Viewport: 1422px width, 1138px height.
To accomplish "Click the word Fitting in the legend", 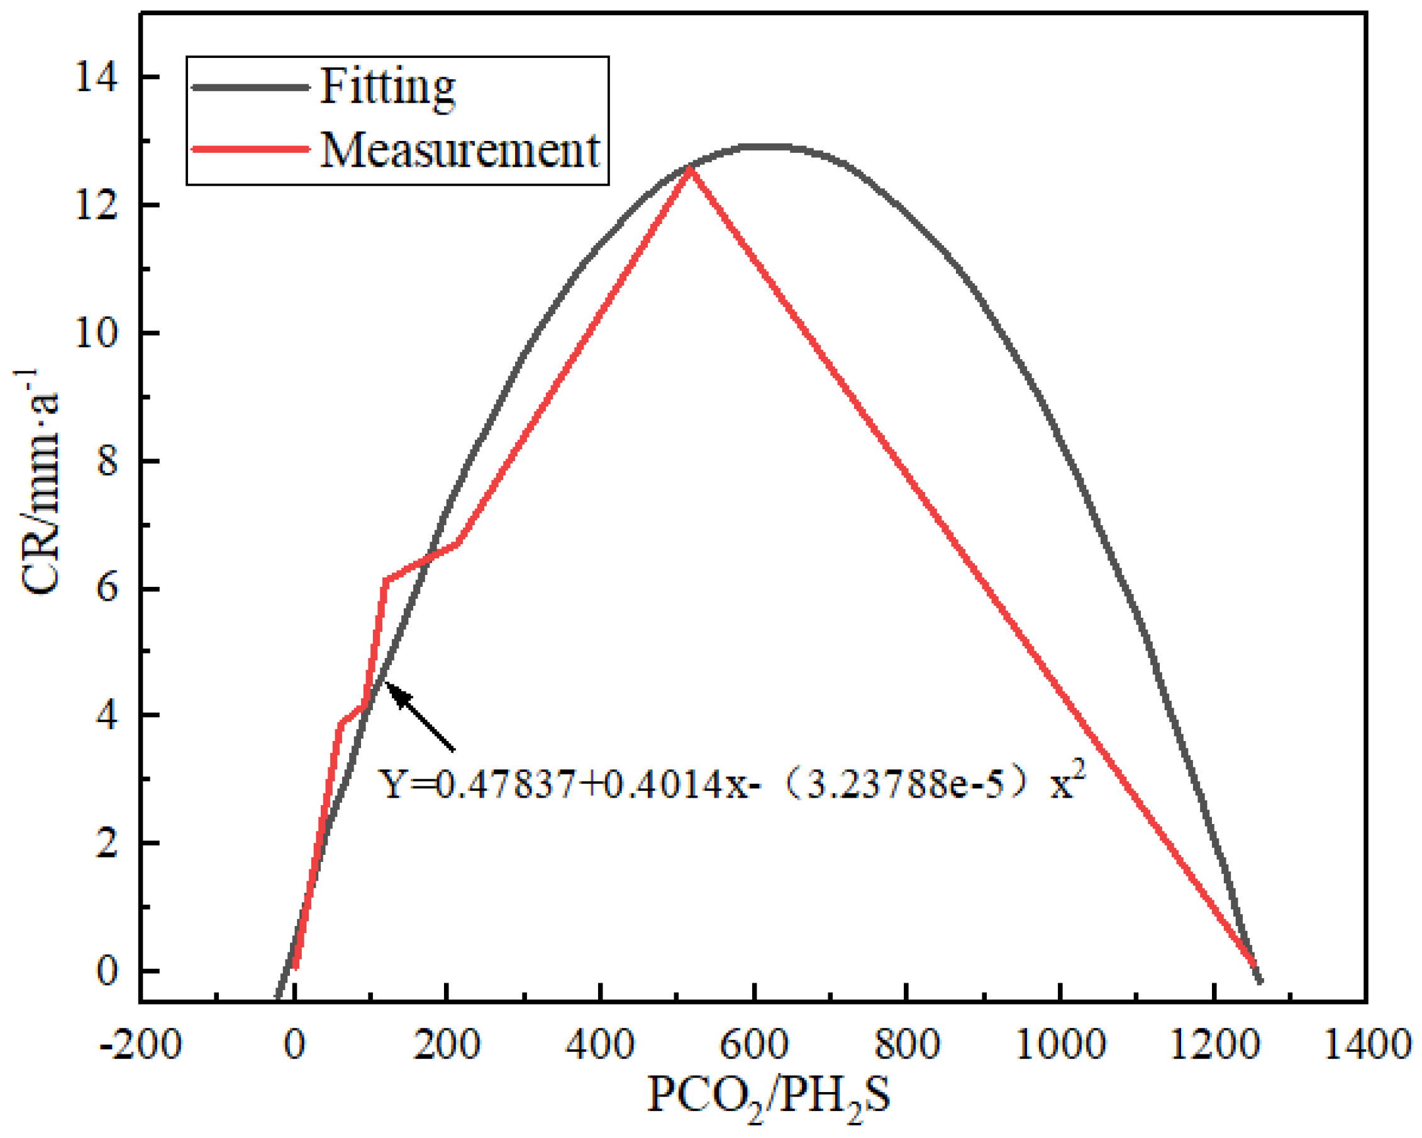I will [387, 87].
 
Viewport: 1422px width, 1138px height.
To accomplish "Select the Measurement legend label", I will [460, 150].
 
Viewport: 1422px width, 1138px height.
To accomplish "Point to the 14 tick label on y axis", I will [96, 79].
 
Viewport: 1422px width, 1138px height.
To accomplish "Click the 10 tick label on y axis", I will [96, 334].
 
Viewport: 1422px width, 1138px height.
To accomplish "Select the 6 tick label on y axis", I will [108, 588].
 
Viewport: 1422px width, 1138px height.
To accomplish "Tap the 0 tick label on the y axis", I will [108, 971].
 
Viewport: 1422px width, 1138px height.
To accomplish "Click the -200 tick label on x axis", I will [140, 1044].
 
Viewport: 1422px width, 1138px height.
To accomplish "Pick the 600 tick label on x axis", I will [753, 1044].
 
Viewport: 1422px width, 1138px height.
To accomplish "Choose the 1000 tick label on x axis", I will [1059, 1044].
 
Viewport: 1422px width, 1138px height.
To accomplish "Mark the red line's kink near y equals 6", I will [385, 581].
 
